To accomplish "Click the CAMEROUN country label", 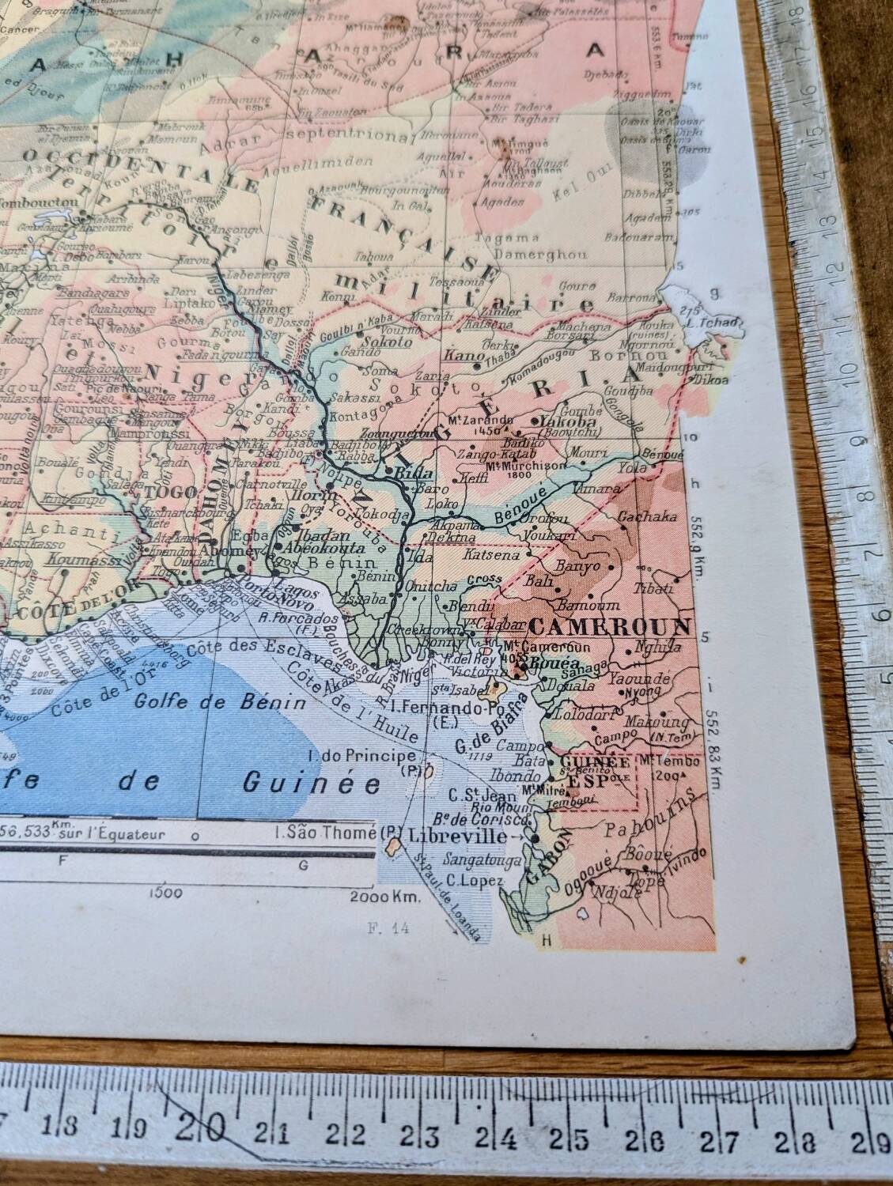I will coord(611,627).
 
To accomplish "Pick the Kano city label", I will coord(464,357).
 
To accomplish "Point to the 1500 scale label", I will coord(165,893).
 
